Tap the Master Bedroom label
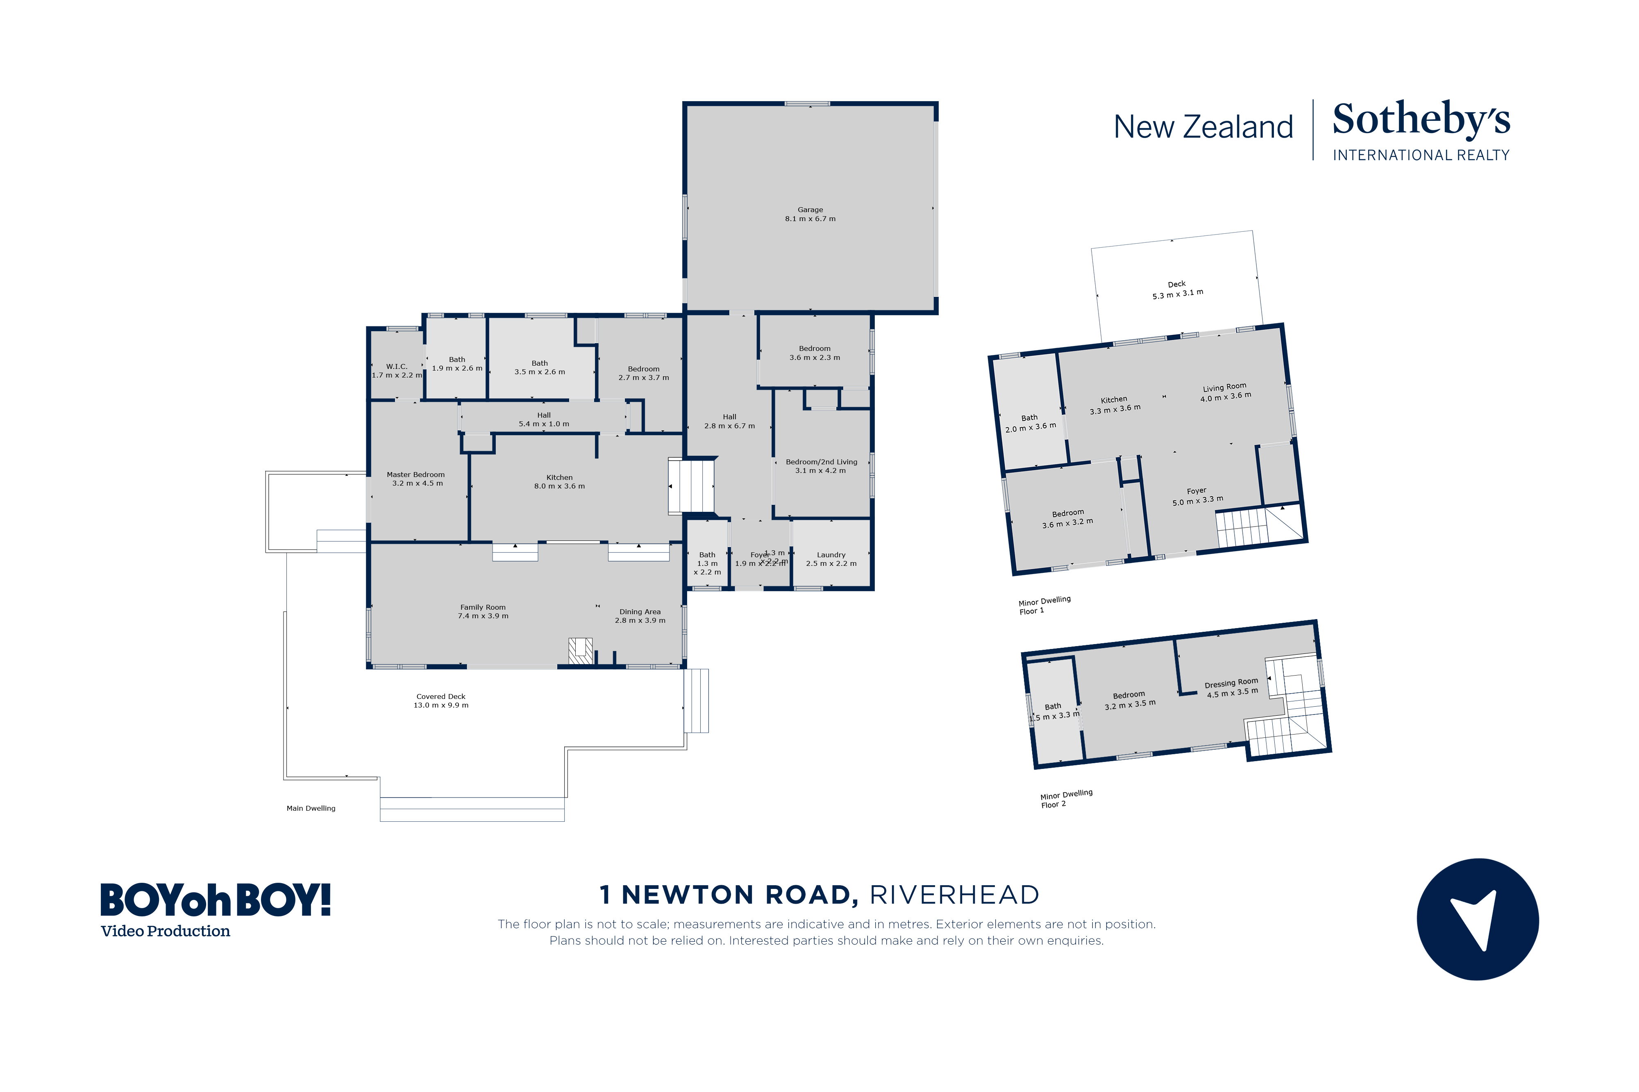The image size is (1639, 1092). tap(416, 479)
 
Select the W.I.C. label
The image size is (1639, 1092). tap(397, 371)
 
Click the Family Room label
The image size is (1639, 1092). tap(483, 611)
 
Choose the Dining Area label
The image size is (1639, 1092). tap(640, 616)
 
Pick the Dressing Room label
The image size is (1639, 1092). tap(1231, 688)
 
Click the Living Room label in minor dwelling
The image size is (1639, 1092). tap(1224, 392)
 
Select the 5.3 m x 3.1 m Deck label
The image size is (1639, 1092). tap(1177, 290)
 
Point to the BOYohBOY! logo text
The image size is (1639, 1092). tap(216, 900)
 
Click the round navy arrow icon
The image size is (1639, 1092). tap(1477, 919)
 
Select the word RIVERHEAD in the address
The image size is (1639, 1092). tap(954, 895)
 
